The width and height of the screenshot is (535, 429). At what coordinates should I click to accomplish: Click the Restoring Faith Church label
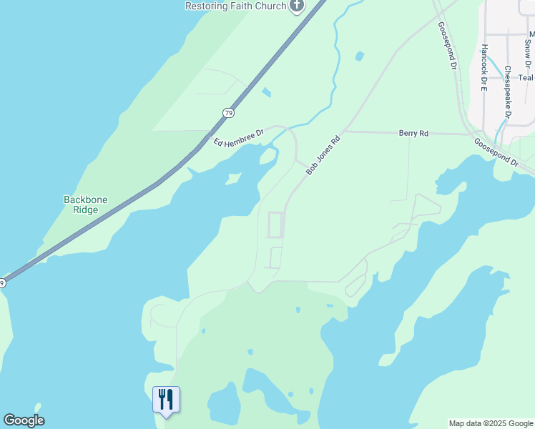point(236,6)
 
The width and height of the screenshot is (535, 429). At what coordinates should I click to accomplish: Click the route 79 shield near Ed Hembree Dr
point(228,113)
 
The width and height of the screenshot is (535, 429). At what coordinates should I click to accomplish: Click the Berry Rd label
point(413,134)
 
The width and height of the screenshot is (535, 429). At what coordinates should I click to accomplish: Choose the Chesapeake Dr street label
point(507,92)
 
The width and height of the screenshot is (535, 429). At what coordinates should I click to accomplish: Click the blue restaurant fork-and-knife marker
point(166,400)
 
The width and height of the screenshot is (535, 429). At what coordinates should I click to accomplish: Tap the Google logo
point(24,420)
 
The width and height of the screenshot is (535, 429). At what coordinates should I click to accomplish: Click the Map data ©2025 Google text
point(491,423)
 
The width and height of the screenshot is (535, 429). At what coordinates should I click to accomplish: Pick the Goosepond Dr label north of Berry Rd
point(447,45)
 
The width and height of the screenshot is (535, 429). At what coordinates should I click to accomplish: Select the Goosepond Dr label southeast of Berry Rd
point(496,152)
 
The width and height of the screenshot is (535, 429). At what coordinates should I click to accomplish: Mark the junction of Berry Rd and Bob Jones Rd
point(343,131)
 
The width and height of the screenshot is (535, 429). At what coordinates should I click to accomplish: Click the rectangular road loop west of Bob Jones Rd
point(275,225)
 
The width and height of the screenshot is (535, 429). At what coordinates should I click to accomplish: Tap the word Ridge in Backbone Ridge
point(86,211)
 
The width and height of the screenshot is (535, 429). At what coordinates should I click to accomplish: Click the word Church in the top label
point(270,6)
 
